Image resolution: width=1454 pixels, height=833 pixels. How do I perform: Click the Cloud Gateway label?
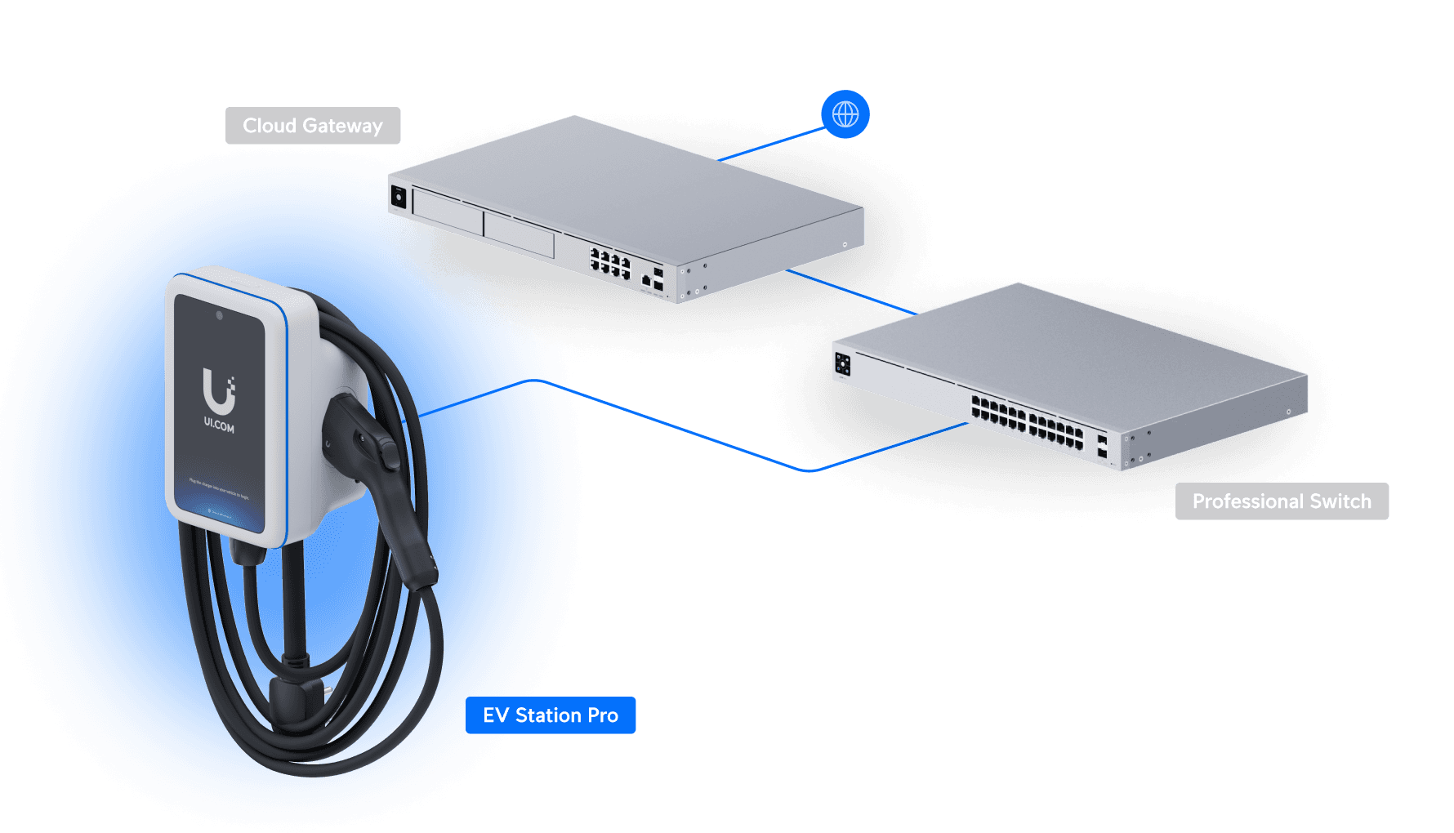point(313,126)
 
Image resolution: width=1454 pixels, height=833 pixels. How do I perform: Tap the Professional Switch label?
point(1282,501)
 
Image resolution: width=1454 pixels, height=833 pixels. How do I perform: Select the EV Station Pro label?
point(551,715)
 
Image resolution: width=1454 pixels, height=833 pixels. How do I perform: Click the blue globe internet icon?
point(845,114)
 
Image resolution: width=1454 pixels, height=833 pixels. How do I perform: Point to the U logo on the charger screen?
point(218,392)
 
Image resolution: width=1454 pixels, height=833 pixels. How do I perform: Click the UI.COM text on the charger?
point(219,425)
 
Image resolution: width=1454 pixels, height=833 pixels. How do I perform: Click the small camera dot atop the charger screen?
point(219,315)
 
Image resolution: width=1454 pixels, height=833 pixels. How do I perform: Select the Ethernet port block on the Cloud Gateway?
point(610,263)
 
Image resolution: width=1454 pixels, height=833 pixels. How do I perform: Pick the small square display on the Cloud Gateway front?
point(399,197)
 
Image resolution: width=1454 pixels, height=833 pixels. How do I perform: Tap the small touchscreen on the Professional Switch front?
point(843,364)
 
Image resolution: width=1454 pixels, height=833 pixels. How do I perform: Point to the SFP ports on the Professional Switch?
point(1102,446)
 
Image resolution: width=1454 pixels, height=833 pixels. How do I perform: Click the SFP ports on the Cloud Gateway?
point(658,278)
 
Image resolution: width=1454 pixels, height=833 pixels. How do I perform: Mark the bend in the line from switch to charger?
point(809,470)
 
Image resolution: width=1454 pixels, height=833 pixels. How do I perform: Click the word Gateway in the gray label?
point(342,127)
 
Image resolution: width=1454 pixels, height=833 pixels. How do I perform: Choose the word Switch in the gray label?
point(1340,501)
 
